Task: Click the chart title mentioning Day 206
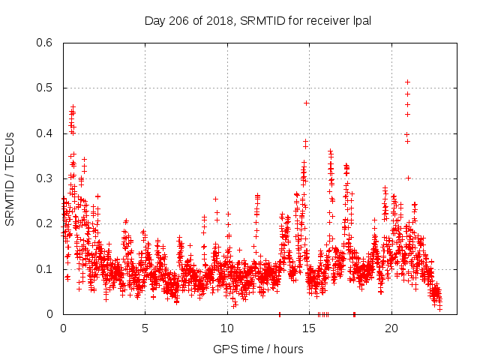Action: point(258,20)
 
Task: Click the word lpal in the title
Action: point(360,20)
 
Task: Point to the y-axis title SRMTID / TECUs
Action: point(10,178)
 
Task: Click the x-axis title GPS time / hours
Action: point(258,349)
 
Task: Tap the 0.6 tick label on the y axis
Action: point(43,43)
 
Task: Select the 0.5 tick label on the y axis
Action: point(43,88)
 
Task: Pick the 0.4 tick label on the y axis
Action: point(43,133)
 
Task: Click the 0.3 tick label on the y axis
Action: point(43,178)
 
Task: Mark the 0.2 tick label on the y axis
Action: point(43,223)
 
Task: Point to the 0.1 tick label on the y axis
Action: point(43,268)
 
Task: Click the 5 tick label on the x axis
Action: point(145,328)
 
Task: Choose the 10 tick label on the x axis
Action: point(227,328)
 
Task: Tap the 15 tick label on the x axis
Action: point(310,328)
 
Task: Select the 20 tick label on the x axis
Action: point(391,328)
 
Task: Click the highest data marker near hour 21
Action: point(407,82)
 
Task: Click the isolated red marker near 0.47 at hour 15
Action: point(306,103)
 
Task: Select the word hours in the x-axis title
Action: point(288,349)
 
